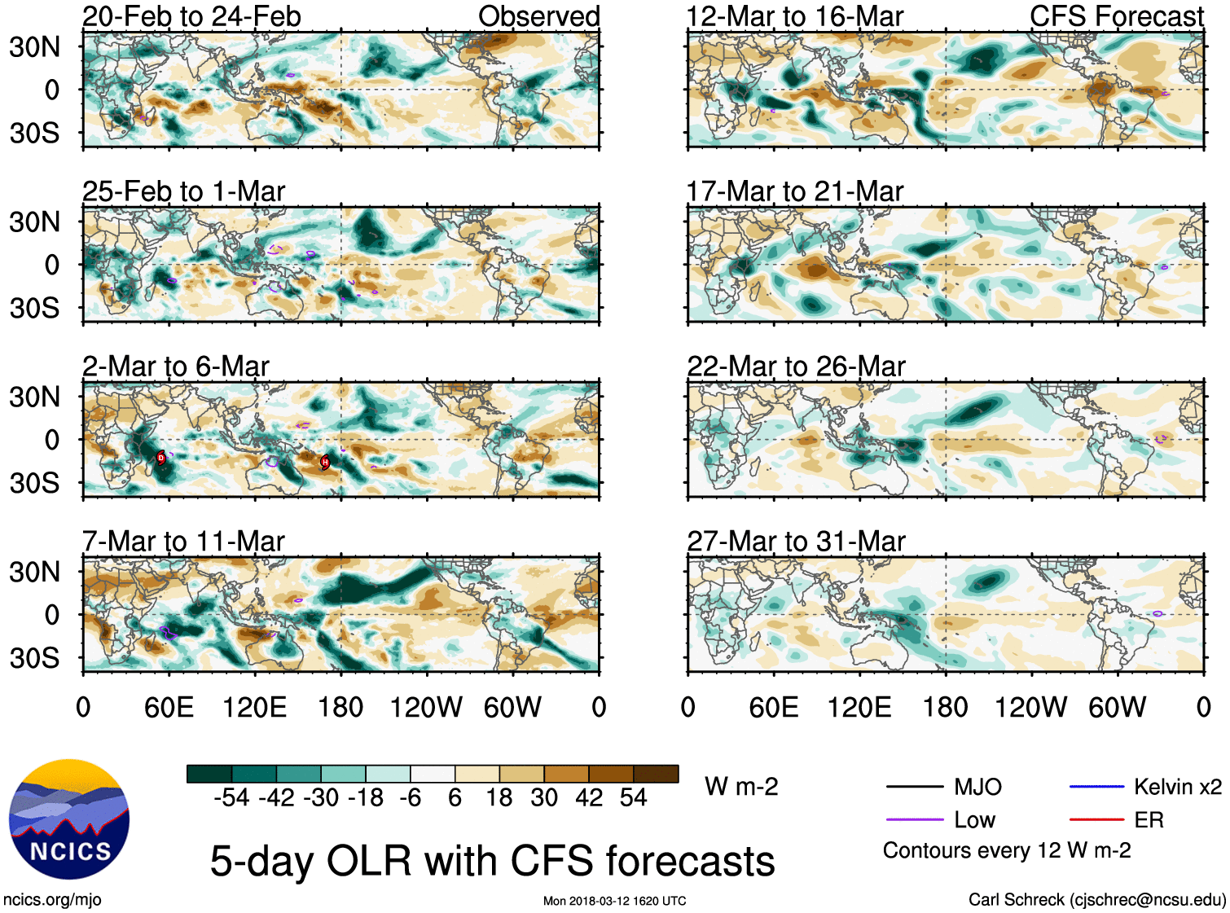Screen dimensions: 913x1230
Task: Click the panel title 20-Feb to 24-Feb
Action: [191, 16]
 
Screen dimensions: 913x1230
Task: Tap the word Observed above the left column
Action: [538, 16]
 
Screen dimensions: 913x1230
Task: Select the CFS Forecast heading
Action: [1116, 16]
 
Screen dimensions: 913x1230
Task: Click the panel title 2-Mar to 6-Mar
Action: [175, 367]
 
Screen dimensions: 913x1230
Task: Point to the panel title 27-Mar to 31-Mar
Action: [796, 542]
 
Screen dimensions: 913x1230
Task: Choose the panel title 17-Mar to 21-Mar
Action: [794, 191]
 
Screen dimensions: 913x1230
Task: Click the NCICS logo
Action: [69, 819]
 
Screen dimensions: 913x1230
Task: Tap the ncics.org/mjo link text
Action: [52, 899]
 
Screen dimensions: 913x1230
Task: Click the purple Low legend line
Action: [915, 820]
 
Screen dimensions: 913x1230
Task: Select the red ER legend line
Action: [1096, 820]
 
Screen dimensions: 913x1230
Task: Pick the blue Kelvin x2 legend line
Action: [1096, 787]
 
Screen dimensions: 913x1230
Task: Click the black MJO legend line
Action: [915, 787]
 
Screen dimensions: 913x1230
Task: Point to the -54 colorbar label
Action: [231, 797]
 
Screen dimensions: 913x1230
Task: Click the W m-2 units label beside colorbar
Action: [741, 787]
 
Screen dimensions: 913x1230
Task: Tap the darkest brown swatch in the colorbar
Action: [656, 774]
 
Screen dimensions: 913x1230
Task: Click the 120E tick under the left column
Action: [255, 707]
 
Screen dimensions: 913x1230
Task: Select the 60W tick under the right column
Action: [1117, 707]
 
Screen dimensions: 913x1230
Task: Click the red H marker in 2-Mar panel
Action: [325, 462]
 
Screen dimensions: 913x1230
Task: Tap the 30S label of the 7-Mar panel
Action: [34, 658]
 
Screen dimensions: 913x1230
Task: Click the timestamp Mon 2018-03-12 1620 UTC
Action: [614, 901]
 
